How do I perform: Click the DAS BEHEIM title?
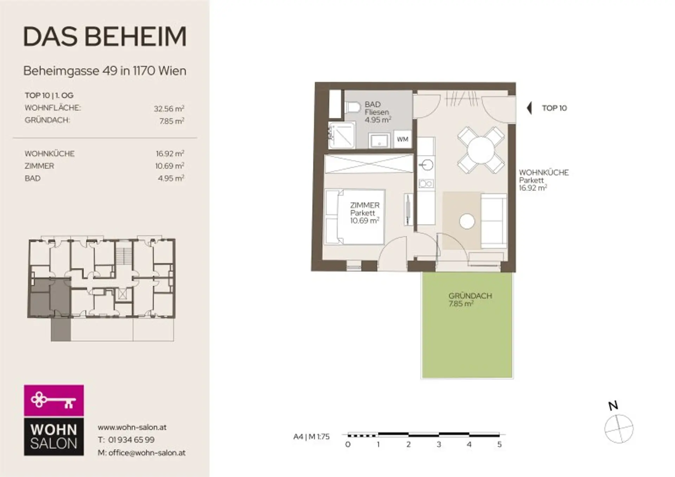point(105,37)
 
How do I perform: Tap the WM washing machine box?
point(403,139)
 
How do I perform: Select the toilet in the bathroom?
point(352,107)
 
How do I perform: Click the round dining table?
point(481,150)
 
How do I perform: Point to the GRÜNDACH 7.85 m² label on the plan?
point(470,300)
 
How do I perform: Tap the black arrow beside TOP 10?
point(529,108)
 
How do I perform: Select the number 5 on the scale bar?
point(499,444)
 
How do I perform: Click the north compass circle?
point(619,429)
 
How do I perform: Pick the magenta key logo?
point(54,400)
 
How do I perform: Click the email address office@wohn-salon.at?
point(147,453)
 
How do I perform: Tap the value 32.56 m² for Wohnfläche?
point(169,109)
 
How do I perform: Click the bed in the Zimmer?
point(355,217)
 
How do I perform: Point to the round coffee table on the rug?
point(467,221)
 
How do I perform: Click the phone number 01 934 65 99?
point(131,440)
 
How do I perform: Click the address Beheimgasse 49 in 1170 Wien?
point(105,71)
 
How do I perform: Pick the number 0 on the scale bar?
point(348,444)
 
